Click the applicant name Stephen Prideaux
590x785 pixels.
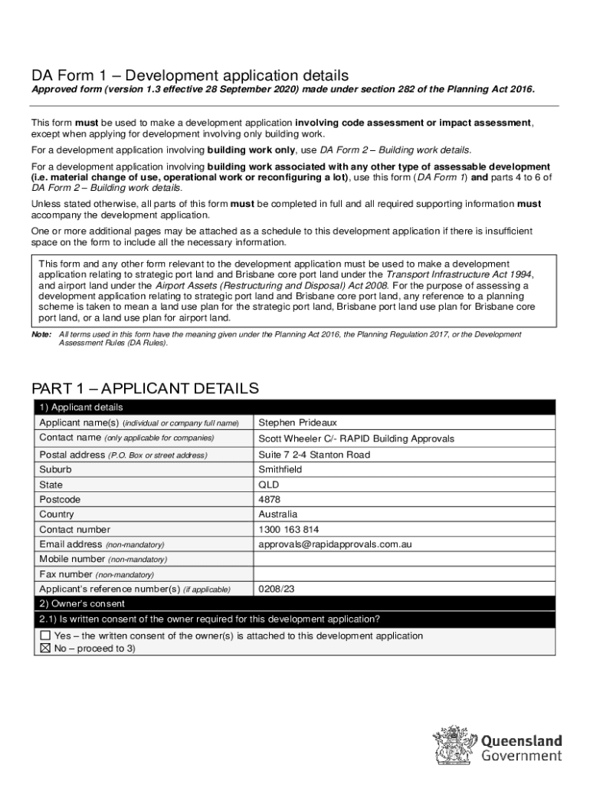pyautogui.click(x=297, y=422)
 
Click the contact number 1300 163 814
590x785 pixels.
pyautogui.click(x=289, y=529)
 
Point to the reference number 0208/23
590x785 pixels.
pyautogui.click(x=277, y=590)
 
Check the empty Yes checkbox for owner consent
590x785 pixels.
pyautogui.click(x=45, y=636)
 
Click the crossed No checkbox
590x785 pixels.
pyautogui.click(x=45, y=649)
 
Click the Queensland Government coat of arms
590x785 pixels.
pyautogui.click(x=454, y=745)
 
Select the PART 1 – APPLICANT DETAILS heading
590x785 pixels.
pyautogui.click(x=145, y=389)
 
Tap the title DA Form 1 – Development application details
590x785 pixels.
pyautogui.click(x=190, y=75)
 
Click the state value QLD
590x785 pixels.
pyautogui.click(x=269, y=484)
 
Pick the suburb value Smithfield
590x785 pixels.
pyautogui.click(x=280, y=469)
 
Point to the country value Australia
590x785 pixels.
pyautogui.click(x=277, y=514)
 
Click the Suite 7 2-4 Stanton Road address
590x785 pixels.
pyautogui.click(x=314, y=455)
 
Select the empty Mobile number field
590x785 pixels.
pyautogui.click(x=404, y=559)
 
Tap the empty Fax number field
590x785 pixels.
pyautogui.click(x=404, y=574)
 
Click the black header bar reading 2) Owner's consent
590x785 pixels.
pyautogui.click(x=295, y=604)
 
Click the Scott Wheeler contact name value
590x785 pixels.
pyautogui.click(x=356, y=438)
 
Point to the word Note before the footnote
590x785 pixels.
pyautogui.click(x=41, y=334)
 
